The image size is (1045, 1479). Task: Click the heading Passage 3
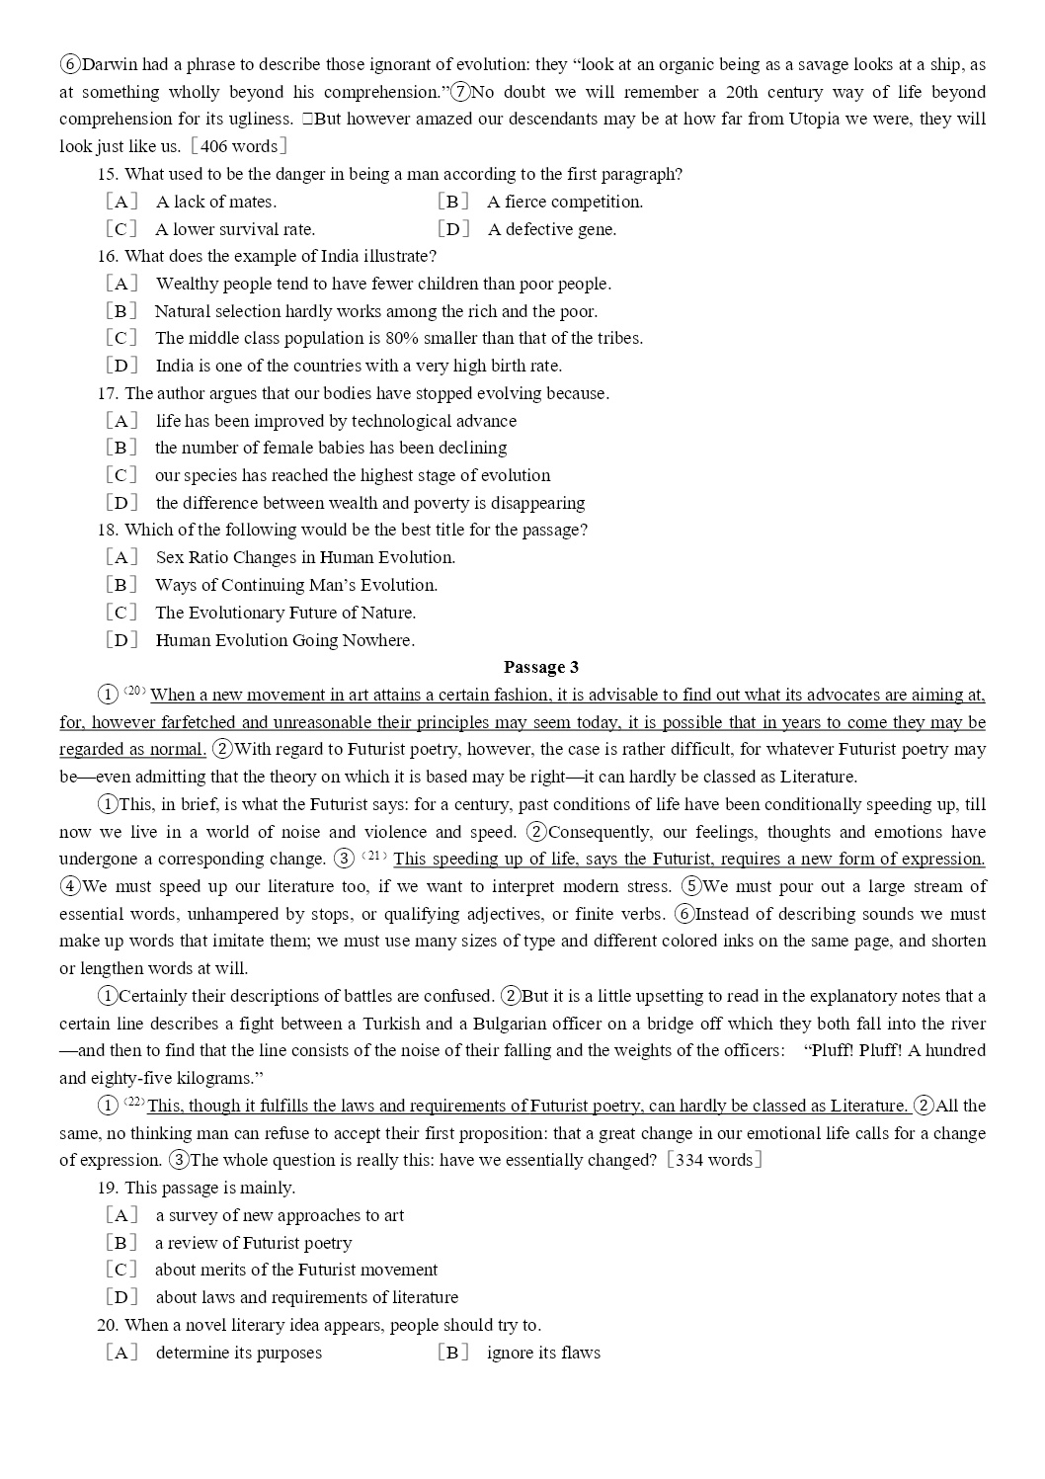(541, 668)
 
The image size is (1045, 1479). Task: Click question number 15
(108, 175)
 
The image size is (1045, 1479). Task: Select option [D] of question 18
(121, 640)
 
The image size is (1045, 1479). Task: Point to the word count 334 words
(714, 1160)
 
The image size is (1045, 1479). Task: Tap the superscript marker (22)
(134, 1102)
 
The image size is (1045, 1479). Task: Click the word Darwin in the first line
(111, 65)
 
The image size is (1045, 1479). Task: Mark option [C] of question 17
(121, 475)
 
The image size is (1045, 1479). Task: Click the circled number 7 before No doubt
(459, 93)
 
